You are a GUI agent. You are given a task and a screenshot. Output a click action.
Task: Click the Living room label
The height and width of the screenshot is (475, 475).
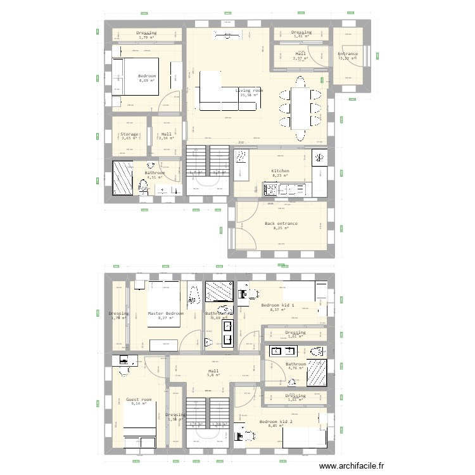pos(249,91)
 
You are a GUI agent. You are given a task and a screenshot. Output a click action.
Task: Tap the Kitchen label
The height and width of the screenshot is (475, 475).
pos(280,171)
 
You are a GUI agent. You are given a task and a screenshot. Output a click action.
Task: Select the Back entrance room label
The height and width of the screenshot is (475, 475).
pos(281,224)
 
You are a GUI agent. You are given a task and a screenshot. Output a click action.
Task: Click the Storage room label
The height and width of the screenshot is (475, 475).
pos(129,134)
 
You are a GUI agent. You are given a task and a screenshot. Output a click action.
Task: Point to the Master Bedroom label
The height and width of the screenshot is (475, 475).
pos(165,313)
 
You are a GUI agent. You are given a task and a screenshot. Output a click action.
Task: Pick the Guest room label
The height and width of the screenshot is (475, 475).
pos(139,400)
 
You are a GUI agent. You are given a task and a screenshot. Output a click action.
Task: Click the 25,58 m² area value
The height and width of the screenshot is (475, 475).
pos(249,96)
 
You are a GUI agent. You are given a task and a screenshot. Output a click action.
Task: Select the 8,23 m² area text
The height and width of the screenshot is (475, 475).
pos(280,176)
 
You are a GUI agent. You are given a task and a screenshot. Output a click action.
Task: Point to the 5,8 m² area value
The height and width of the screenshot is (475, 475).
pos(213,376)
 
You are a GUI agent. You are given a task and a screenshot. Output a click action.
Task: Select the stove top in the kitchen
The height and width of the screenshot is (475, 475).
pos(270,188)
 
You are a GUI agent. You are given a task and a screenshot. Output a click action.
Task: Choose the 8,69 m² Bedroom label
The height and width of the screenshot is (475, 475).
pos(147,75)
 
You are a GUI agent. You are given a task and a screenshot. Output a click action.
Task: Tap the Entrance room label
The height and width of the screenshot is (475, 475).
pos(347,54)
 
